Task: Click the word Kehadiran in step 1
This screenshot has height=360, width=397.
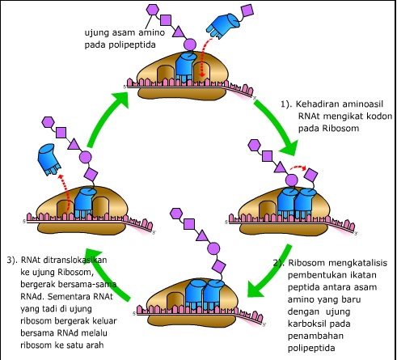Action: pos(321,104)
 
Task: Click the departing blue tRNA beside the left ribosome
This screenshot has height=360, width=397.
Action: pos(45,155)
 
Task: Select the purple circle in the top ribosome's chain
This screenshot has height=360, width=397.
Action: pos(190,44)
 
